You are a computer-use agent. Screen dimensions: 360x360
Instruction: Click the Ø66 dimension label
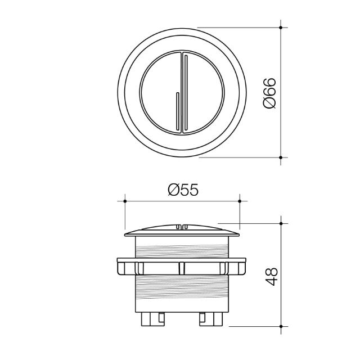click(x=269, y=93)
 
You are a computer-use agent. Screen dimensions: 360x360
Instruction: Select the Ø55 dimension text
click(x=183, y=190)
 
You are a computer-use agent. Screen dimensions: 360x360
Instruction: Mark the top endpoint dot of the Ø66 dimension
click(x=281, y=27)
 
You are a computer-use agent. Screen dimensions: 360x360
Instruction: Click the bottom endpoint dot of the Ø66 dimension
click(x=281, y=157)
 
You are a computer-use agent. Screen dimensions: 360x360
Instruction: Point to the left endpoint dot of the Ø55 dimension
click(x=124, y=200)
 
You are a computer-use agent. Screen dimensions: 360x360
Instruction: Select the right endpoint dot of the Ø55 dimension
click(x=240, y=200)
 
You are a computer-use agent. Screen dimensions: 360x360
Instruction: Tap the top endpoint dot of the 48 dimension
click(x=281, y=223)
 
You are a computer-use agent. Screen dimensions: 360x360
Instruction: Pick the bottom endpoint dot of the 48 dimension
click(x=281, y=326)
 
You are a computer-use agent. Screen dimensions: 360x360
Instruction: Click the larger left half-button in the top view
click(x=157, y=93)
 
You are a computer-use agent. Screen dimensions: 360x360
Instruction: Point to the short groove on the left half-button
click(x=178, y=112)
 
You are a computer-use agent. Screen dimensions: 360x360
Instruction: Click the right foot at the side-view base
click(x=210, y=319)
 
